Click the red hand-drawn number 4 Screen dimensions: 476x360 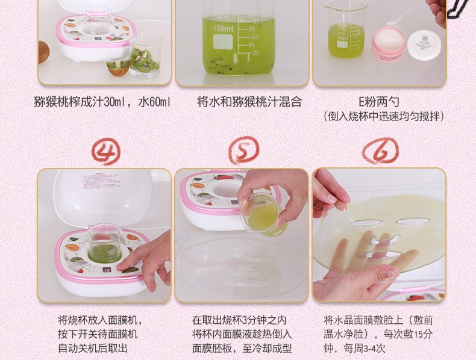[x=106, y=151]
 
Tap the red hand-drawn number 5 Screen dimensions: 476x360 [x=244, y=150]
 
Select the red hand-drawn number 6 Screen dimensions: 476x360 [x=380, y=151]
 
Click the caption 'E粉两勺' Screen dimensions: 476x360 [x=378, y=102]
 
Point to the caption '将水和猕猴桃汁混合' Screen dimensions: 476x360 [x=249, y=102]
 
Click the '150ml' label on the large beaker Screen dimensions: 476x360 [x=223, y=29]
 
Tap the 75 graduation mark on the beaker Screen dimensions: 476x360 [x=252, y=29]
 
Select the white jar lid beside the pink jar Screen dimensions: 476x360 [x=424, y=45]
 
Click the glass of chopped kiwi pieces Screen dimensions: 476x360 [x=145, y=55]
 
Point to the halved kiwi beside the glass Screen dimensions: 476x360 [x=117, y=68]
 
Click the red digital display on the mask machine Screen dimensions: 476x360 [x=107, y=270]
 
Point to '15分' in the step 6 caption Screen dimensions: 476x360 [x=423, y=334]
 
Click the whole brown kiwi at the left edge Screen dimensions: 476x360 [x=44, y=52]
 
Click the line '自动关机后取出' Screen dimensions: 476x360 [x=92, y=348]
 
